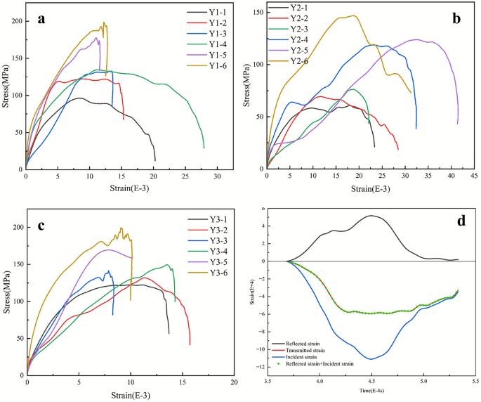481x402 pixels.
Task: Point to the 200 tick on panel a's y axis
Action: pos(15,22)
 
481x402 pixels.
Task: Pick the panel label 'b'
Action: pos(456,19)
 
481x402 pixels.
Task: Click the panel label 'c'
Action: pos(41,226)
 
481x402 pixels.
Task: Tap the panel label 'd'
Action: pos(461,220)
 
